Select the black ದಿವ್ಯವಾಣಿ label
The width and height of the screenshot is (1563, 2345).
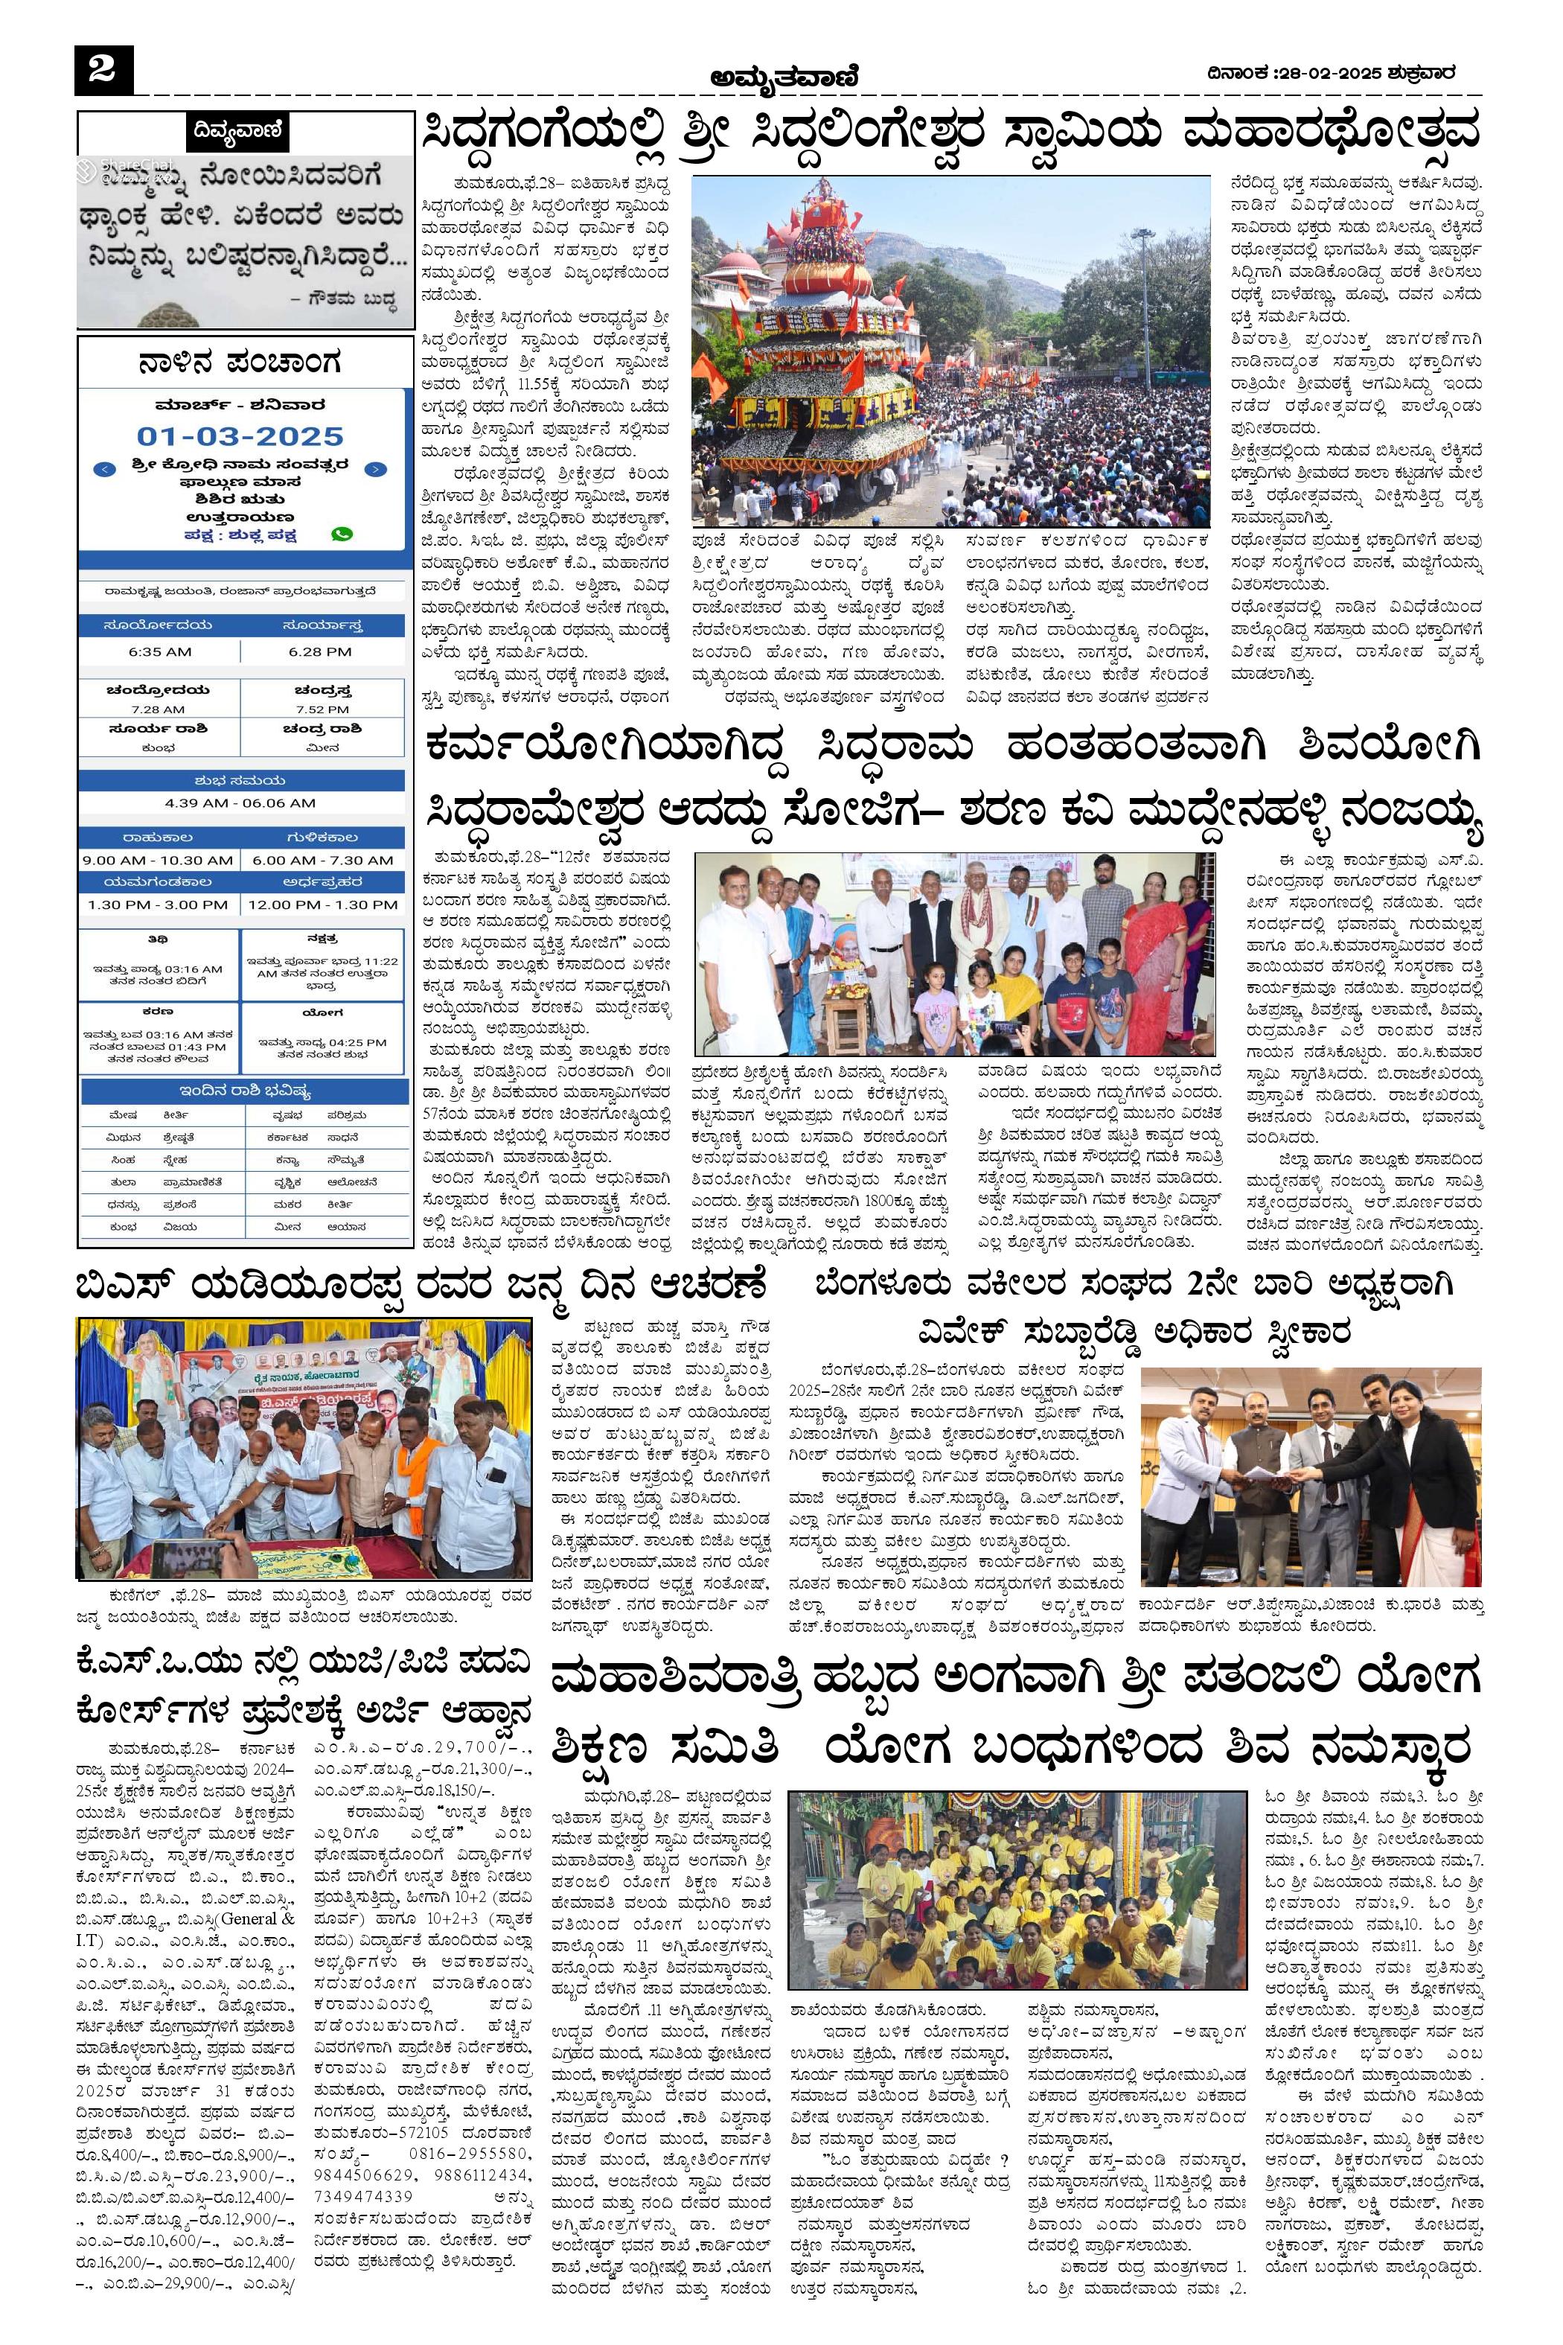[238, 130]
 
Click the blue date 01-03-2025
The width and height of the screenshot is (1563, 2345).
[240, 435]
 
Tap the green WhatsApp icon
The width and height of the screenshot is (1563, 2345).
[341, 534]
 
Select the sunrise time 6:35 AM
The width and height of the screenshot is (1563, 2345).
[159, 651]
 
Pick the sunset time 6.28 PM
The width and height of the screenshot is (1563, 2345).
[320, 651]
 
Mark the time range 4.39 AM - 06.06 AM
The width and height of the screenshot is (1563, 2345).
[240, 803]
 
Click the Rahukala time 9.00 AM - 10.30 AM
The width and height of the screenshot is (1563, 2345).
[159, 859]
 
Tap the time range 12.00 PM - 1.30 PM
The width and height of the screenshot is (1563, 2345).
[322, 904]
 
